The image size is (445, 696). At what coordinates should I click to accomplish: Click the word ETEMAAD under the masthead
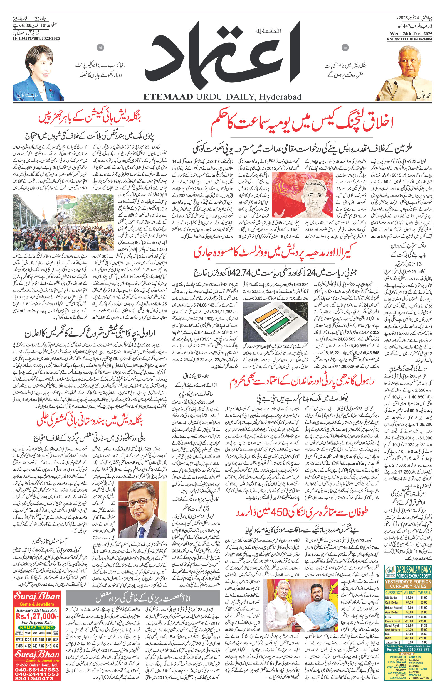168,97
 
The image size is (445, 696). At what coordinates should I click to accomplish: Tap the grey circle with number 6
100,47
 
